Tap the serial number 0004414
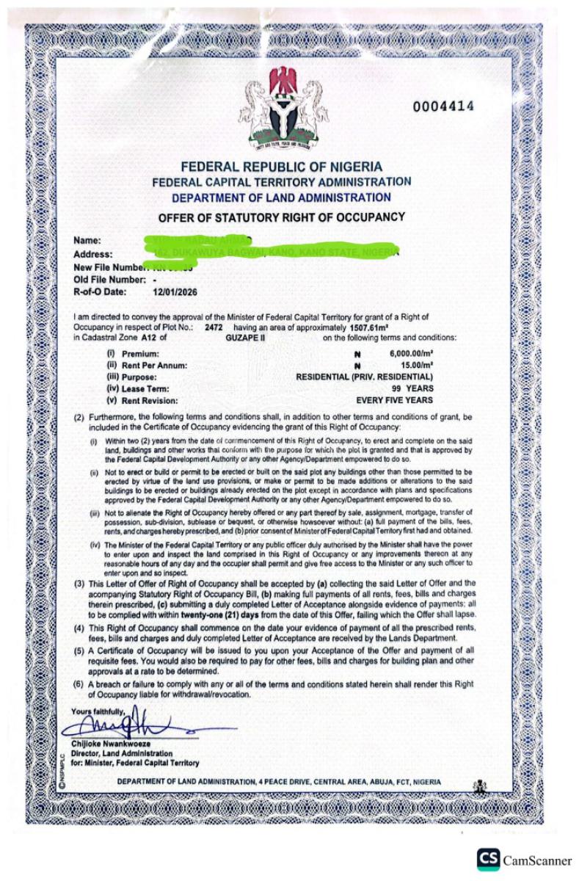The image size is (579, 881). tap(443, 106)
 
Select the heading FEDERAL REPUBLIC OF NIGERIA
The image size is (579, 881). tap(282, 167)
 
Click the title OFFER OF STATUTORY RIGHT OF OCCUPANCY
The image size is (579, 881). tap(282, 217)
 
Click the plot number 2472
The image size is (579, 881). tap(215, 326)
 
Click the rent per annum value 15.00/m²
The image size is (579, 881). tap(412, 365)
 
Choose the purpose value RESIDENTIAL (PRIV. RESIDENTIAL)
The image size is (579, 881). tap(364, 377)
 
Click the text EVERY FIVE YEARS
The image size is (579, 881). tap(394, 400)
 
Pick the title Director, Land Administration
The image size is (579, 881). tap(122, 753)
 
